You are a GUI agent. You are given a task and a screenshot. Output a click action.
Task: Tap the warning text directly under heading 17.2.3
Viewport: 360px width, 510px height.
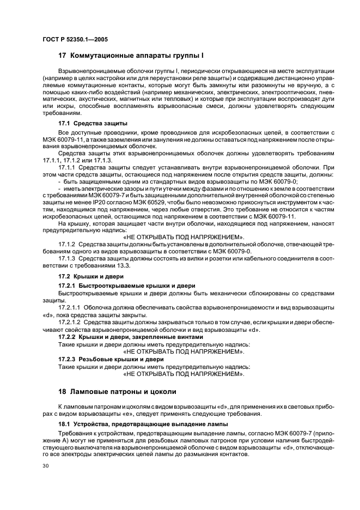184,374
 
